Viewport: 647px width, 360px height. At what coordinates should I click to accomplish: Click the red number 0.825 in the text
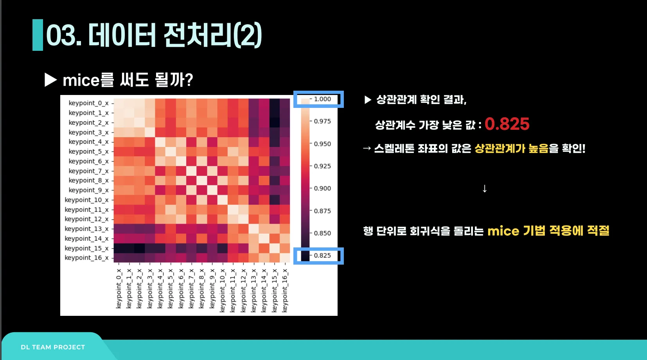point(507,124)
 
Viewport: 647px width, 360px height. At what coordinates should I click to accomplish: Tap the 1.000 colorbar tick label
point(322,99)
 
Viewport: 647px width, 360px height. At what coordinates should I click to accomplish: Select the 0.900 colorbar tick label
point(322,188)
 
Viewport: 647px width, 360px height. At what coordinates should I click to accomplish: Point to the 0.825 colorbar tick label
point(322,256)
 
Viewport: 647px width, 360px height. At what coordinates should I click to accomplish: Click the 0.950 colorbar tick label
point(322,144)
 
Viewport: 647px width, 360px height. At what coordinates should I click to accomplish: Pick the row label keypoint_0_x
point(88,103)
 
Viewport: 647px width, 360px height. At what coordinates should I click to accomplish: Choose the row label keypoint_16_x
point(86,258)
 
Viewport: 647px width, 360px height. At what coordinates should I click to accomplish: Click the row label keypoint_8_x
point(88,181)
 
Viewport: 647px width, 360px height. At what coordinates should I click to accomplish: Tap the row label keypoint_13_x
point(86,229)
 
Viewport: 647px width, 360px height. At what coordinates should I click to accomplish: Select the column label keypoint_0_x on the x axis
point(119,288)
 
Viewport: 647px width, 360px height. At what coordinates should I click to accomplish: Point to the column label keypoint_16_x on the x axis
point(285,290)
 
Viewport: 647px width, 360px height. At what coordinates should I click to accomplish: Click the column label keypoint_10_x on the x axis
point(223,290)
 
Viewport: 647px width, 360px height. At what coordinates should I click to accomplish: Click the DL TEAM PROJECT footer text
point(53,347)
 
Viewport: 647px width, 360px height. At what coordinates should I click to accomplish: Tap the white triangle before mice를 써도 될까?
point(50,80)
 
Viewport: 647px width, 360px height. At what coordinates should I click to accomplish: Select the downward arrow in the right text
point(485,189)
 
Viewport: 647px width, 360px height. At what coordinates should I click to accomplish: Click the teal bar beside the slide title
point(38,35)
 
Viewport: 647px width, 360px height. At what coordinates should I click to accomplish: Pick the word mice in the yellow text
point(503,231)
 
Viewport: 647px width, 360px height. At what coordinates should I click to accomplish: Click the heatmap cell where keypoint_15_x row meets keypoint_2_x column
point(140,248)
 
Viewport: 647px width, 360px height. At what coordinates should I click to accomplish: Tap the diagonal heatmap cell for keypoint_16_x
point(285,258)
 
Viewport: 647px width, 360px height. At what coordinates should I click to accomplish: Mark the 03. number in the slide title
point(64,35)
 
